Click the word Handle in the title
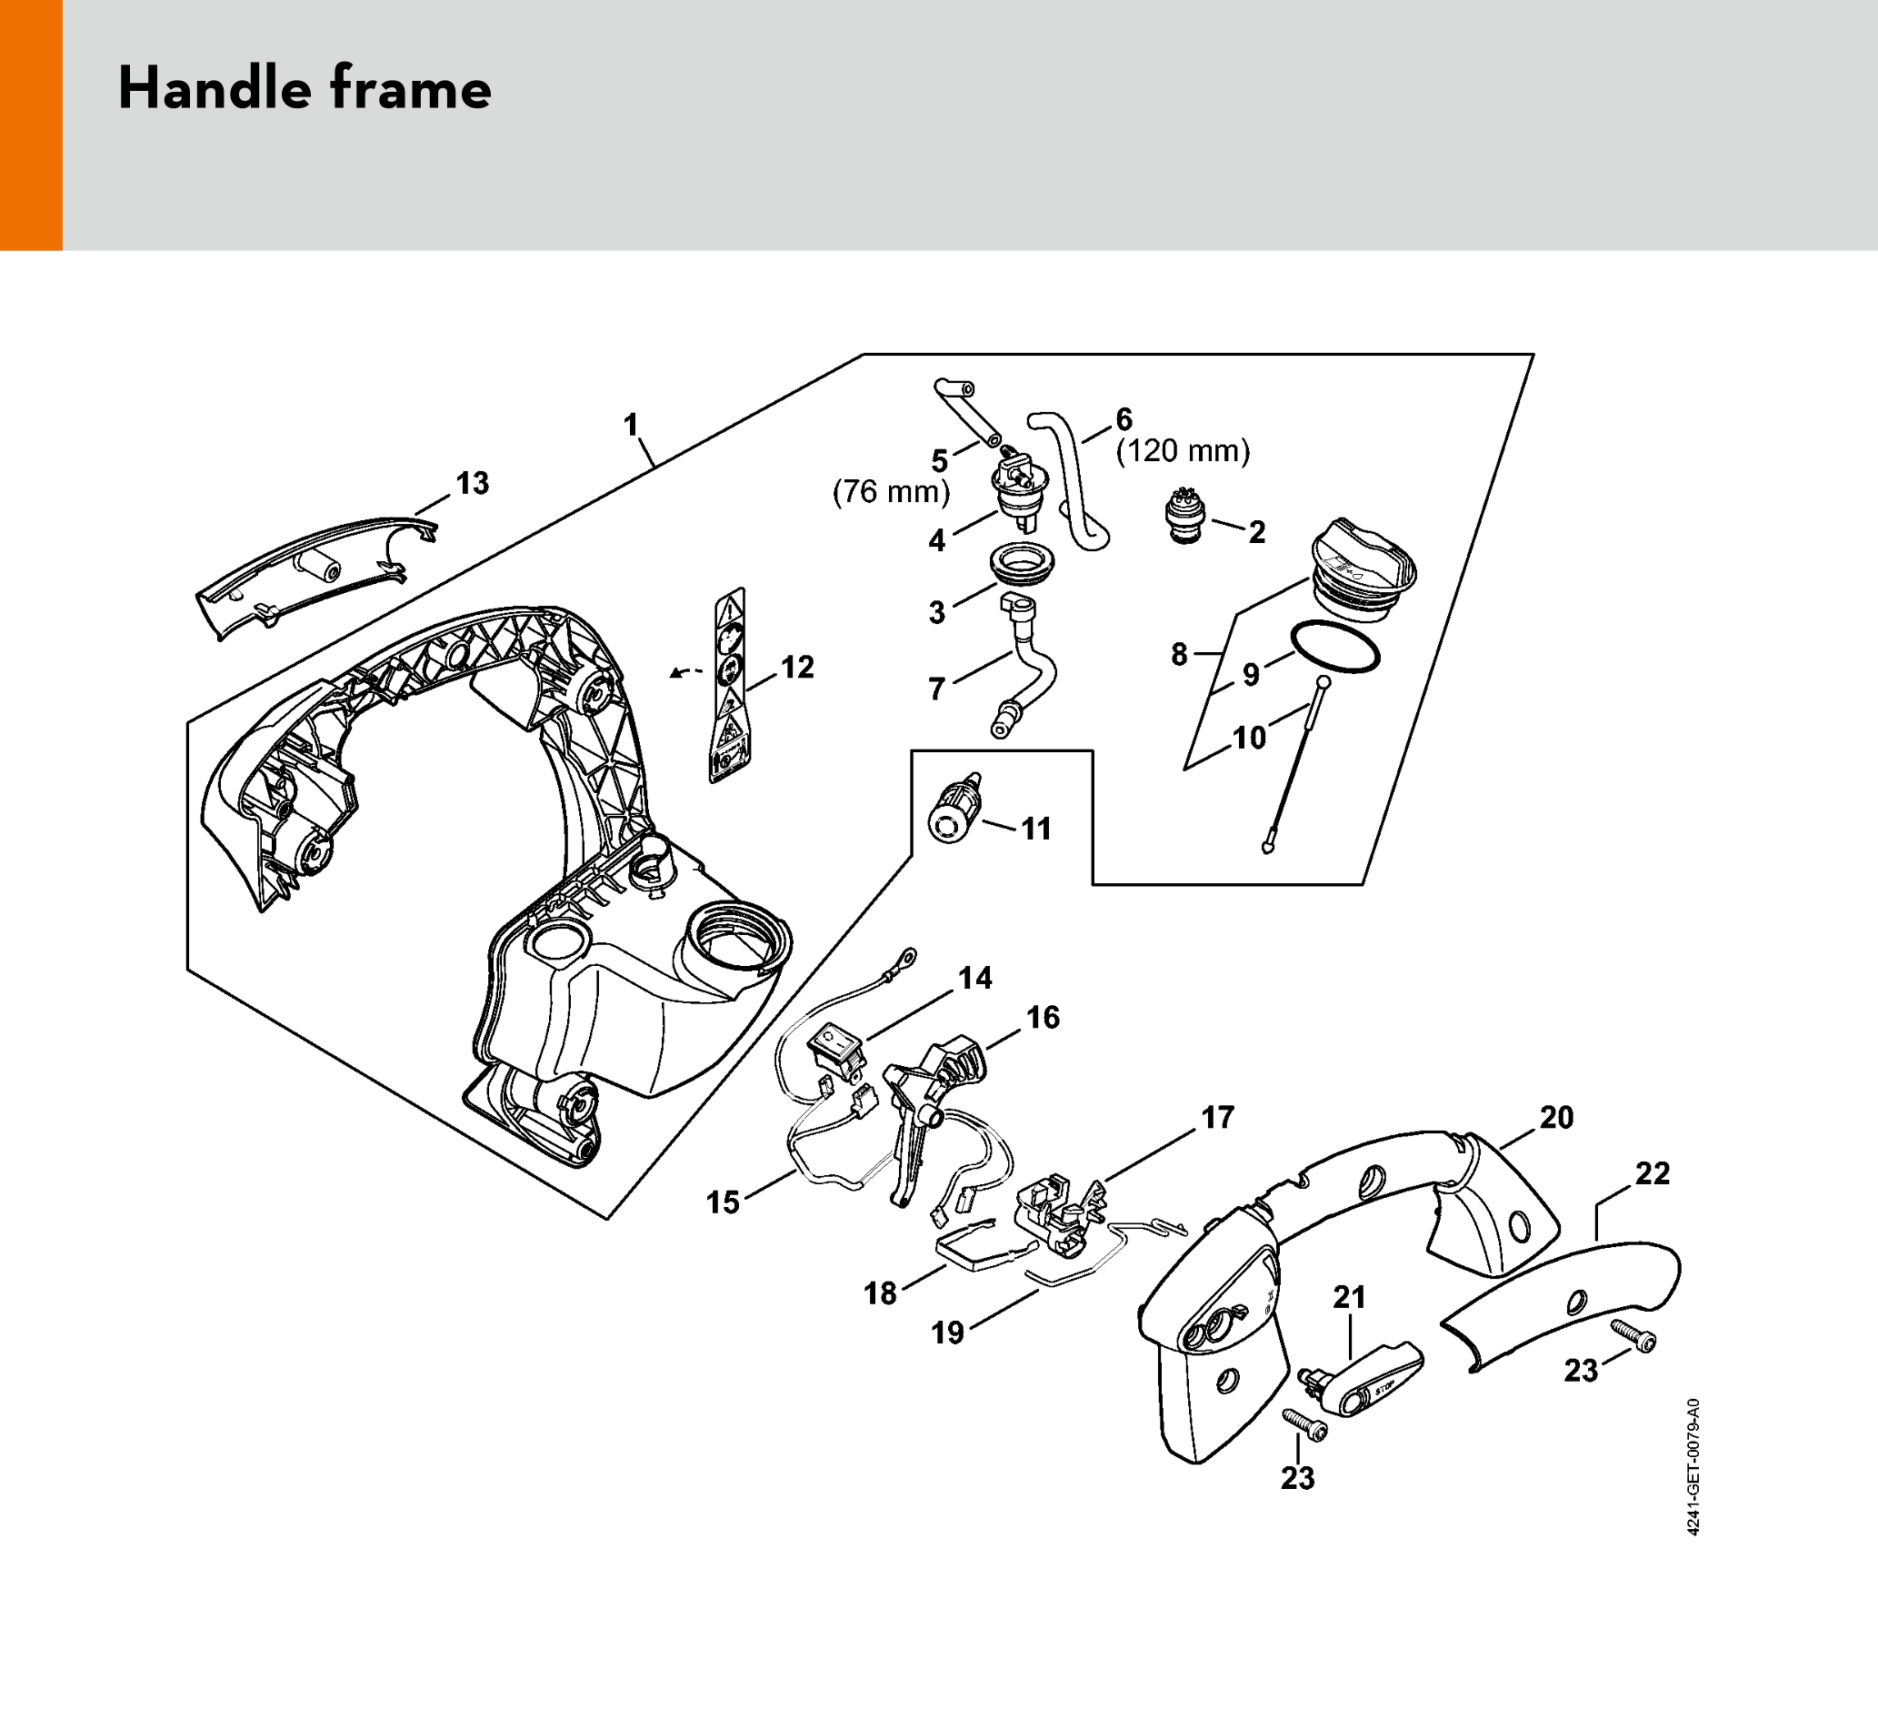pyautogui.click(x=215, y=88)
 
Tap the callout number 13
pyautogui.click(x=473, y=483)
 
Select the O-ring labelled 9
pyautogui.click(x=1335, y=647)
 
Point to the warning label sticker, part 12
pyautogui.click(x=729, y=685)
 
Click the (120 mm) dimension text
pyautogui.click(x=1183, y=451)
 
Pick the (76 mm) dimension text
pyautogui.click(x=892, y=491)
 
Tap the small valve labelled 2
pyautogui.click(x=1185, y=516)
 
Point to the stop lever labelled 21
pyautogui.click(x=1361, y=1379)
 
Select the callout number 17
pyautogui.click(x=1217, y=1116)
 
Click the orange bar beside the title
pyautogui.click(x=31, y=125)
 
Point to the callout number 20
pyautogui.click(x=1556, y=1117)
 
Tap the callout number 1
pyautogui.click(x=631, y=425)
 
